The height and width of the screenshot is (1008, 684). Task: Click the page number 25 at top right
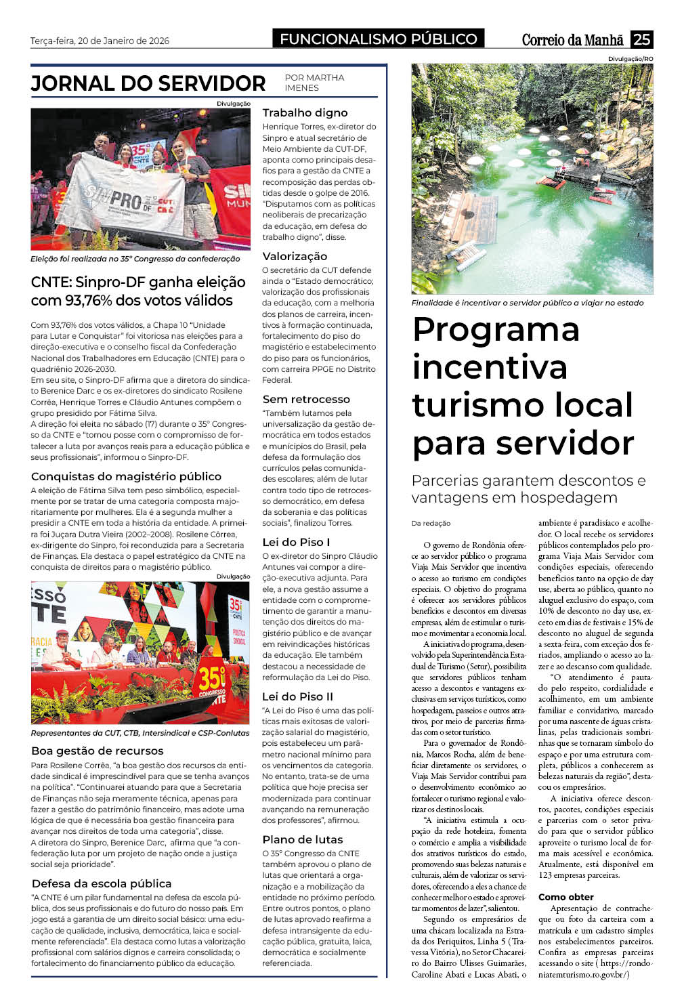coord(641,39)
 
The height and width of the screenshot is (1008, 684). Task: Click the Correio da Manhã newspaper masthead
coord(572,40)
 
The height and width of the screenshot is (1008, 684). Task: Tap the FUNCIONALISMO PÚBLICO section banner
coord(379,39)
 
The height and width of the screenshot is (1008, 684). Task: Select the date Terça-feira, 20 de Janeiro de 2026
coord(100,41)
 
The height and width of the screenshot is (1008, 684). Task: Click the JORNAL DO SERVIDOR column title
coord(148,83)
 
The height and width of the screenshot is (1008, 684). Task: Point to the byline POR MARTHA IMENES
coord(314,83)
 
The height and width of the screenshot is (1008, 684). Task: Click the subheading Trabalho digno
coord(305,112)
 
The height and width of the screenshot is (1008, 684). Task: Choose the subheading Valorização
coord(295,256)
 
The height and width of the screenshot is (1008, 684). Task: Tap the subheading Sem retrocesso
coord(306,399)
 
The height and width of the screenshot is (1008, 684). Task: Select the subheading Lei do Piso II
coord(297,696)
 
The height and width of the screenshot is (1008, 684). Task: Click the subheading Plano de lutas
coord(303,839)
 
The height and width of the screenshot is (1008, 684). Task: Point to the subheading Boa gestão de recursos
coord(98,751)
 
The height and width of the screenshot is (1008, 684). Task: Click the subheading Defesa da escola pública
coord(102,883)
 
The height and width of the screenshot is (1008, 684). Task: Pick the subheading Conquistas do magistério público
coord(126,476)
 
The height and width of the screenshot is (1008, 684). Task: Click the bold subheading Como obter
coord(565,897)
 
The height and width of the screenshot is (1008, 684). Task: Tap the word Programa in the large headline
coord(496,330)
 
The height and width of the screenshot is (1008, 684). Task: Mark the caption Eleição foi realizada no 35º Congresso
coord(135,259)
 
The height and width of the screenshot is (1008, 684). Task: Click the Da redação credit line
coord(431,523)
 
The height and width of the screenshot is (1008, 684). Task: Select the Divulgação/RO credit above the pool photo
coord(630,59)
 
